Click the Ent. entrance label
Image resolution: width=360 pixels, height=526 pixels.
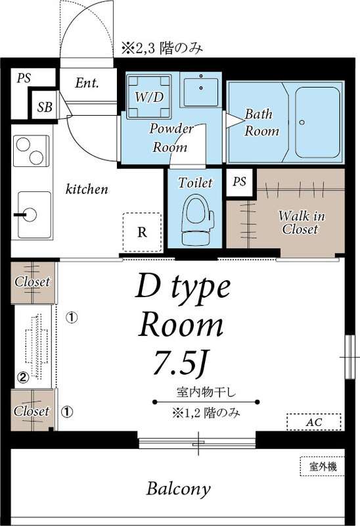pyautogui.click(x=87, y=84)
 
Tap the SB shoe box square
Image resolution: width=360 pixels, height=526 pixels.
pyautogui.click(x=45, y=107)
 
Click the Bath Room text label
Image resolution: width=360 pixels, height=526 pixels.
pyautogui.click(x=261, y=122)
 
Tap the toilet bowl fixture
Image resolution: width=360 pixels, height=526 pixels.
pyautogui.click(x=195, y=218)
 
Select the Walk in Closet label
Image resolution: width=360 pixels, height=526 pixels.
pyautogui.click(x=299, y=222)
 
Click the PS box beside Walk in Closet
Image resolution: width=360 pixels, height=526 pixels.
pyautogui.click(x=239, y=182)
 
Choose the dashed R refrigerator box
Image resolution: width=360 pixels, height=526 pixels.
pyautogui.click(x=142, y=231)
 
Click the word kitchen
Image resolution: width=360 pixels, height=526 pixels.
pyautogui.click(x=86, y=189)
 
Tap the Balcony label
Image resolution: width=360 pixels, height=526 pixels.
pyautogui.click(x=179, y=489)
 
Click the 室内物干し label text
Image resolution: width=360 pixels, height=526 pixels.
pyautogui.click(x=206, y=393)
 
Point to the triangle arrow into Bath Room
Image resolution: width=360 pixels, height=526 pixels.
pyautogui.click(x=231, y=120)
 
